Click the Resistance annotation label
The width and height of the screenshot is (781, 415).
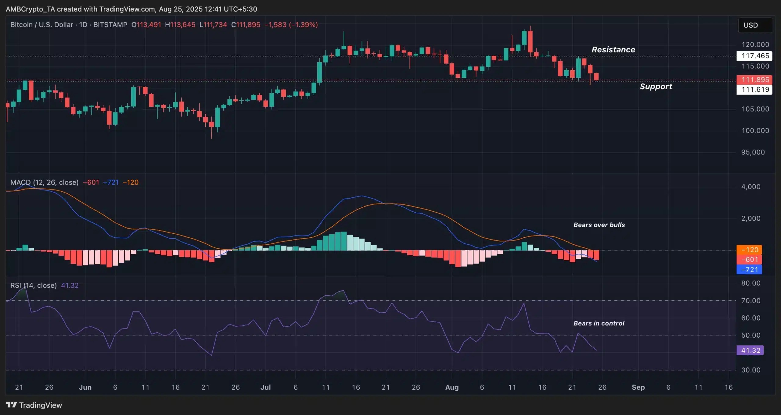613,50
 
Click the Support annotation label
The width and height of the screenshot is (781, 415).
656,87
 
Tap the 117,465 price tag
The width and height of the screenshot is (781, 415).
755,56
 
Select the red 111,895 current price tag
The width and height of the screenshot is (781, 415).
755,80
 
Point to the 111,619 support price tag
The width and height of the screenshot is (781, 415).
755,90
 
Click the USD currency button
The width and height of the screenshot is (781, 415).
755,25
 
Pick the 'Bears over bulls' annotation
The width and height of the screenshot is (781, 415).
599,225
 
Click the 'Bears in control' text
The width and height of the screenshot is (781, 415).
599,323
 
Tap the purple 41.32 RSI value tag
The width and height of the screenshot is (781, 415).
750,350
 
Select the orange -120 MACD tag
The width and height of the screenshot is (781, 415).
749,250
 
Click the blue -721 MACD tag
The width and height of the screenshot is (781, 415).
749,270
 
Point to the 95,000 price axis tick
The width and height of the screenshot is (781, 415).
753,152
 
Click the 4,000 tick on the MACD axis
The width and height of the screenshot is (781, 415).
750,187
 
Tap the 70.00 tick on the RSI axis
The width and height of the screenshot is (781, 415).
750,301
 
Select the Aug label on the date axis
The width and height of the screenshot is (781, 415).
452,387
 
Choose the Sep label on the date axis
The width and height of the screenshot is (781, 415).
638,387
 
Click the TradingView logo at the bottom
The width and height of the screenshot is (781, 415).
34,405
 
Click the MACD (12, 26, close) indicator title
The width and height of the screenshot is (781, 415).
44,183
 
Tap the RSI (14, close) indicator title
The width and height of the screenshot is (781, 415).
34,286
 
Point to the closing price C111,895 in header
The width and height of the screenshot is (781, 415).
246,25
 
